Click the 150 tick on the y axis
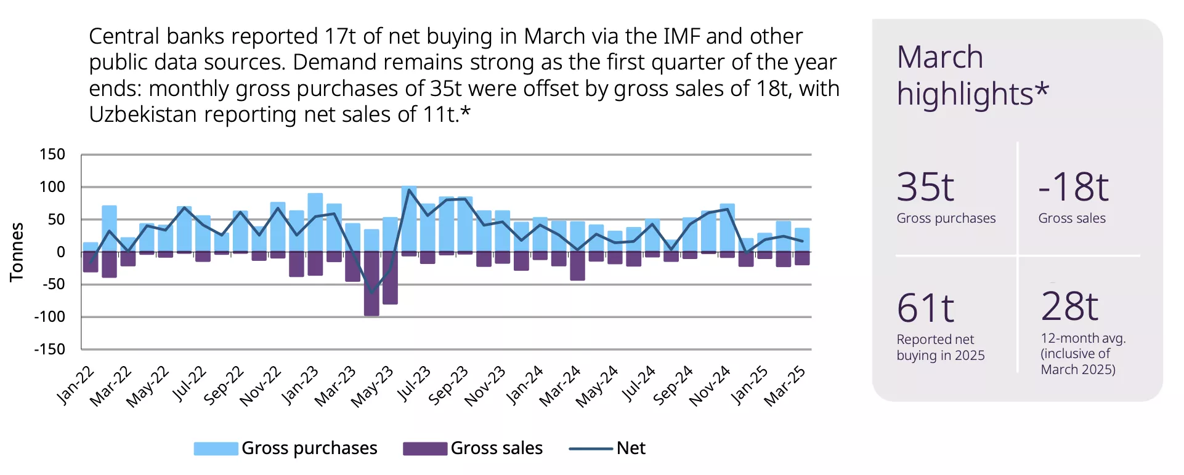[x=52, y=154]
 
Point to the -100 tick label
[x=49, y=317]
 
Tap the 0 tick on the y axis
[x=60, y=252]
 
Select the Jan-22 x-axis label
[x=76, y=385]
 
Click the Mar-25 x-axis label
[x=785, y=386]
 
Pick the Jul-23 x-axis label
[x=413, y=383]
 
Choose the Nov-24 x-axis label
[x=710, y=386]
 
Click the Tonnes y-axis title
[x=17, y=252]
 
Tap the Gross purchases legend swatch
[x=216, y=449]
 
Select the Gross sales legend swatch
[x=425, y=449]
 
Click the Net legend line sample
[x=590, y=449]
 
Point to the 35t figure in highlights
[x=925, y=187]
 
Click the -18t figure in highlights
[x=1073, y=187]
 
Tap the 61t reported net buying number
[x=925, y=308]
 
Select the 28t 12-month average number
[x=1069, y=306]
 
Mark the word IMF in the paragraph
[x=682, y=36]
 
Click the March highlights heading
[x=972, y=75]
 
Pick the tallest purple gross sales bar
[x=371, y=284]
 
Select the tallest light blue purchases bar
[x=409, y=218]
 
